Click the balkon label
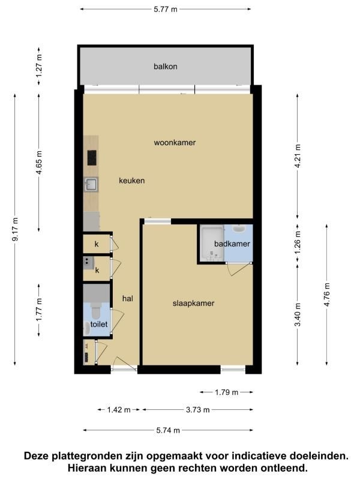click(x=166, y=67)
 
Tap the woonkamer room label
click(x=175, y=142)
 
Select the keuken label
click(x=131, y=181)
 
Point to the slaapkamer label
click(x=193, y=304)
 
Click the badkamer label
click(x=232, y=244)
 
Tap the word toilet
click(x=99, y=324)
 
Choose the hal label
click(x=128, y=298)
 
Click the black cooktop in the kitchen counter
click(x=92, y=158)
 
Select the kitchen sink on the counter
click(x=91, y=185)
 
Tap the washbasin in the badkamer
click(x=238, y=229)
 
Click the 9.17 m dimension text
click(x=15, y=229)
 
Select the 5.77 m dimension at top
click(x=166, y=9)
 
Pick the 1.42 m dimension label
click(x=119, y=410)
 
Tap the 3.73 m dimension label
click(x=198, y=410)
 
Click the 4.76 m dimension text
click(x=326, y=295)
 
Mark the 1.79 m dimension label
click(x=227, y=392)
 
